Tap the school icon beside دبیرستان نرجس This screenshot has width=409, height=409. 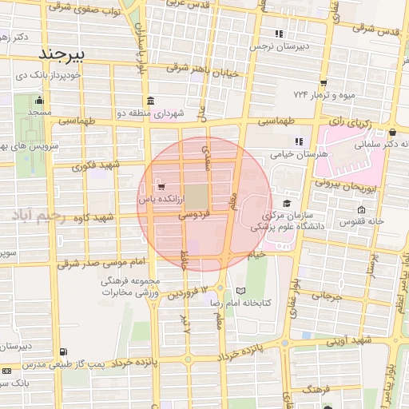279,34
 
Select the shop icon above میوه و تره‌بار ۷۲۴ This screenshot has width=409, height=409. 323,82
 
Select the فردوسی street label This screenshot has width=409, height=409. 194,214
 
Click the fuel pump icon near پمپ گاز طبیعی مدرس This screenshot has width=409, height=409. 63,351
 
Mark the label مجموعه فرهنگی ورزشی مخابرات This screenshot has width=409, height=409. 132,287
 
